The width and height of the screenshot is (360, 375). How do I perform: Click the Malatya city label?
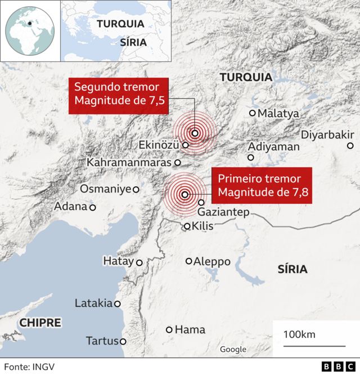pyautogui.click(x=278, y=114)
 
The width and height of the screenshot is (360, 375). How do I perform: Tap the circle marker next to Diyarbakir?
pyautogui.click(x=350, y=146)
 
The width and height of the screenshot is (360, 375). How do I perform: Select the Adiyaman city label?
pyautogui.click(x=273, y=146)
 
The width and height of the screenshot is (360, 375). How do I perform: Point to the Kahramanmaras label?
pyautogui.click(x=129, y=162)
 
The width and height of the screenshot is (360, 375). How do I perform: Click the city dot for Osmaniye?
pyautogui.click(x=136, y=189)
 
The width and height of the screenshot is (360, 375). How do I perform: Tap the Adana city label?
pyautogui.click(x=70, y=207)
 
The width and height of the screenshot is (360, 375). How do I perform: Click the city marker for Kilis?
pyautogui.click(x=187, y=227)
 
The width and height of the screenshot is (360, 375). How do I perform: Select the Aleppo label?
pyautogui.click(x=211, y=261)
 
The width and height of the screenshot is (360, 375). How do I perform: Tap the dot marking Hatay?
pyautogui.click(x=139, y=262)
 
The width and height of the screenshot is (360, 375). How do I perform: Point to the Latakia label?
pyautogui.click(x=93, y=303)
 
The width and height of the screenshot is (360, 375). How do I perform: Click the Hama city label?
pyautogui.click(x=190, y=329)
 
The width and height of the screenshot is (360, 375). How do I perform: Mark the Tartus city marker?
pyautogui.click(x=123, y=341)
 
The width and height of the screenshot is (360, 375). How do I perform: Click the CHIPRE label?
pyautogui.click(x=40, y=323)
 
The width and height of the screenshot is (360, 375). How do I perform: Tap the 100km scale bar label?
pyautogui.click(x=299, y=334)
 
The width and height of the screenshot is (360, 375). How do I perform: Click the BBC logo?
pyautogui.click(x=335, y=367)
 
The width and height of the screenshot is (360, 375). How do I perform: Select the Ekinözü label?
pyautogui.click(x=159, y=145)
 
